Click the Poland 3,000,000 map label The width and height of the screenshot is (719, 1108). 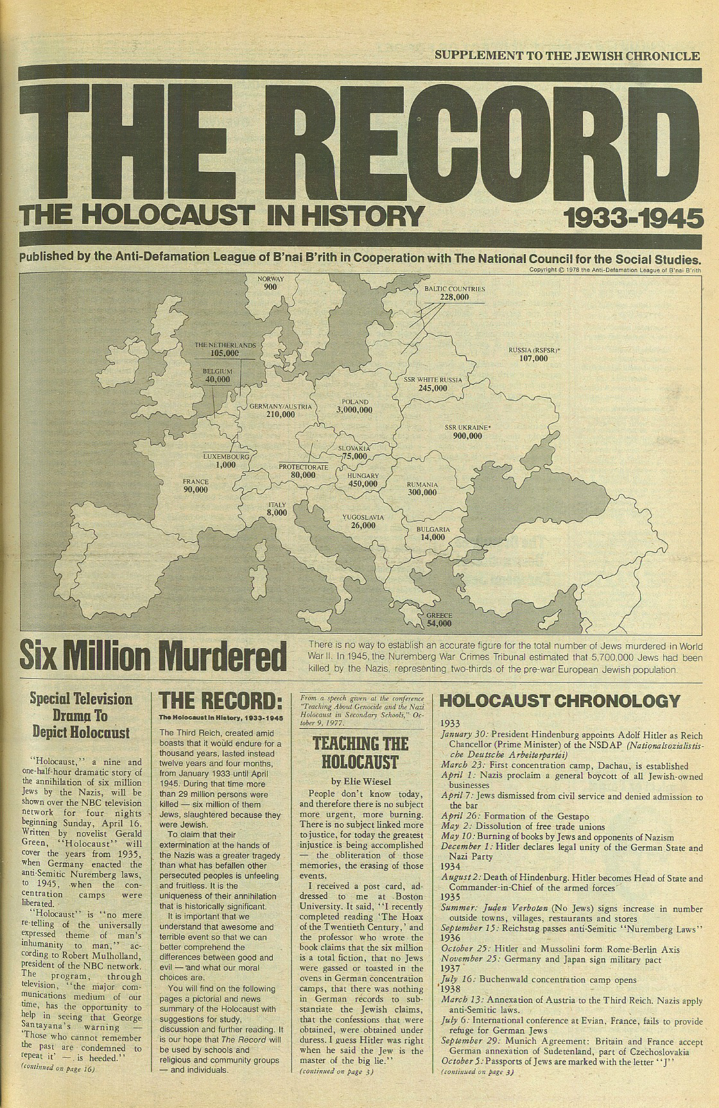point(354,406)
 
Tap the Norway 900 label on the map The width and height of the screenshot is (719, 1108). point(270,283)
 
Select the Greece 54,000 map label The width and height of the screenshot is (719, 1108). point(439,618)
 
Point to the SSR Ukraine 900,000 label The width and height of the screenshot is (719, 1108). point(467,431)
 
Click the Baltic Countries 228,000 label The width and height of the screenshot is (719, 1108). point(455,293)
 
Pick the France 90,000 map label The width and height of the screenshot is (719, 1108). point(195,485)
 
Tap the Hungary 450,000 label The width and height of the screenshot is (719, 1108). point(363,480)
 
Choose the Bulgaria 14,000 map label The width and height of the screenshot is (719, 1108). point(433,533)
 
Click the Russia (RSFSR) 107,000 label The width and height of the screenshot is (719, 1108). point(534,354)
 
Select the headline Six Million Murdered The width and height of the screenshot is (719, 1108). point(153,654)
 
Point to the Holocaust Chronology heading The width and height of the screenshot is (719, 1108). point(559,700)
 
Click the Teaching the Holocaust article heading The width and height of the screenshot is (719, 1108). point(360,753)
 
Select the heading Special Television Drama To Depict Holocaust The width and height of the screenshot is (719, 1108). point(82,715)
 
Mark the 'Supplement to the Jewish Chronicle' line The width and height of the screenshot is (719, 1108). point(567,56)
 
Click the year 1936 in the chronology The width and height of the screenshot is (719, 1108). point(450,938)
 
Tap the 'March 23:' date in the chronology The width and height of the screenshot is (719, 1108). point(463,765)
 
